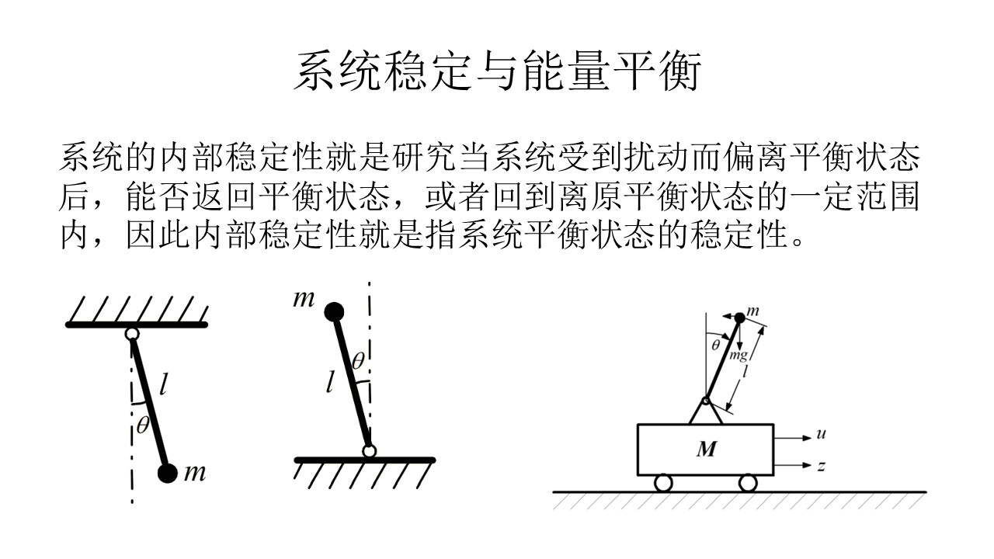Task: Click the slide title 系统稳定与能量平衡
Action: pyautogui.click(x=497, y=72)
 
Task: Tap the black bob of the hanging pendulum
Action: pyautogui.click(x=167, y=473)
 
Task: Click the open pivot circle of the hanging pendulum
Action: pyautogui.click(x=132, y=334)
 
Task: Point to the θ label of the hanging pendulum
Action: pyautogui.click(x=143, y=425)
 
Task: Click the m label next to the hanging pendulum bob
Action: pyautogui.click(x=195, y=472)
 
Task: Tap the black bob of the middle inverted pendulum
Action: pyautogui.click(x=333, y=312)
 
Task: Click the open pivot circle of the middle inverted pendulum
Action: pyautogui.click(x=369, y=451)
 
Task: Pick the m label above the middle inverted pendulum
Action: pyautogui.click(x=304, y=298)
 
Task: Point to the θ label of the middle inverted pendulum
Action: pyautogui.click(x=358, y=360)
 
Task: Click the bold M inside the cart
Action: pyautogui.click(x=706, y=449)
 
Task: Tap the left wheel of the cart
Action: pyautogui.click(x=662, y=483)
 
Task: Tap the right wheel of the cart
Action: pyautogui.click(x=748, y=483)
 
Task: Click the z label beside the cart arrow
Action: pyautogui.click(x=820, y=467)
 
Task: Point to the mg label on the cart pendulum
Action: pyautogui.click(x=739, y=356)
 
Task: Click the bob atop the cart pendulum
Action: pyautogui.click(x=739, y=318)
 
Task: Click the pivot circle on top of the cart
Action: pyautogui.click(x=706, y=401)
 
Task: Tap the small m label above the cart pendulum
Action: pyautogui.click(x=752, y=311)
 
